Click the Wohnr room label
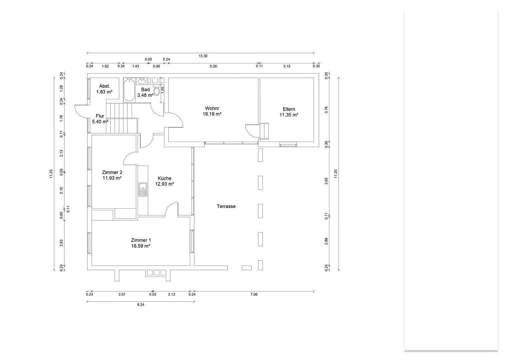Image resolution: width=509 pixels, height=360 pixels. (x=212, y=108)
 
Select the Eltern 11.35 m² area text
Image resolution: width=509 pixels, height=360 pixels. (x=289, y=115)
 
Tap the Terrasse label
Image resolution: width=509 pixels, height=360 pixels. (x=226, y=206)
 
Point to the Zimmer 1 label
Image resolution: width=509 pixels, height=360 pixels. (x=141, y=240)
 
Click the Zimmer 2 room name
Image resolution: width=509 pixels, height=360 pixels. (x=112, y=172)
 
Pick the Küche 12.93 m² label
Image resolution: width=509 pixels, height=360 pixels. (x=164, y=181)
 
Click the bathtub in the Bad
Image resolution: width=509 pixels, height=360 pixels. (x=129, y=89)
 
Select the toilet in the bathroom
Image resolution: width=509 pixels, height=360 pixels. (x=157, y=91)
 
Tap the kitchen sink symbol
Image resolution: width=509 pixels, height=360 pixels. (x=143, y=190)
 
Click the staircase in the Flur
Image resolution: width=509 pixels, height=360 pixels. (x=121, y=118)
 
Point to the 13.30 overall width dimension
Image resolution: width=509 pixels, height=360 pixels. (x=203, y=56)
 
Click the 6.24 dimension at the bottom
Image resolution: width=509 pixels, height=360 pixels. (x=140, y=305)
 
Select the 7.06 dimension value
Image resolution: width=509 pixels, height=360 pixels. (x=254, y=294)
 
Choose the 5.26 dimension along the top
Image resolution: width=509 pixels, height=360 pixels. (x=213, y=66)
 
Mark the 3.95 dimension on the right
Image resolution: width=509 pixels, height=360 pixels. (x=326, y=181)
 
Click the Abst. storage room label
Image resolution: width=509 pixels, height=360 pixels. (x=104, y=86)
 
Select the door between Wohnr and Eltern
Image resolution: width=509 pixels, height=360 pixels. (x=252, y=130)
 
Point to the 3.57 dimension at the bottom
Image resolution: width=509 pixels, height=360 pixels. (x=122, y=294)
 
